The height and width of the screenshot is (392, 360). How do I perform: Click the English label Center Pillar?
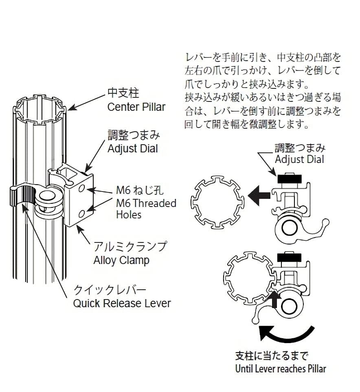[136, 107]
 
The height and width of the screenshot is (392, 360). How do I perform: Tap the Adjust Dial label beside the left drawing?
[132, 148]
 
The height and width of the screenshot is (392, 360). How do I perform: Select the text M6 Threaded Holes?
[146, 209]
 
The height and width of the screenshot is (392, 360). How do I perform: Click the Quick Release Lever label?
[122, 303]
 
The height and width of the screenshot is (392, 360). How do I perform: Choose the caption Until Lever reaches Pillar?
[281, 369]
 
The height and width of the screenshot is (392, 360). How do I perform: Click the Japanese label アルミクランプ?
[130, 247]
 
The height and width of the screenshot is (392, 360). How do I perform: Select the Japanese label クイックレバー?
[109, 290]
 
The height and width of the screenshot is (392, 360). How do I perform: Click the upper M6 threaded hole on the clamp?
[82, 188]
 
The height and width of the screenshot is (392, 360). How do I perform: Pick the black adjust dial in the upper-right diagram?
[288, 178]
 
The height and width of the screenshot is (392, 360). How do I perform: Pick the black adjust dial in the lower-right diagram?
[288, 258]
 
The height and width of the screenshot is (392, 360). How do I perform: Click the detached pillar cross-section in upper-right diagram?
[217, 202]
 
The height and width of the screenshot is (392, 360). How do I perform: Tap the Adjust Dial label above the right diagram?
[299, 159]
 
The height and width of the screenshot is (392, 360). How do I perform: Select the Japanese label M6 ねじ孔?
[134, 190]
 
